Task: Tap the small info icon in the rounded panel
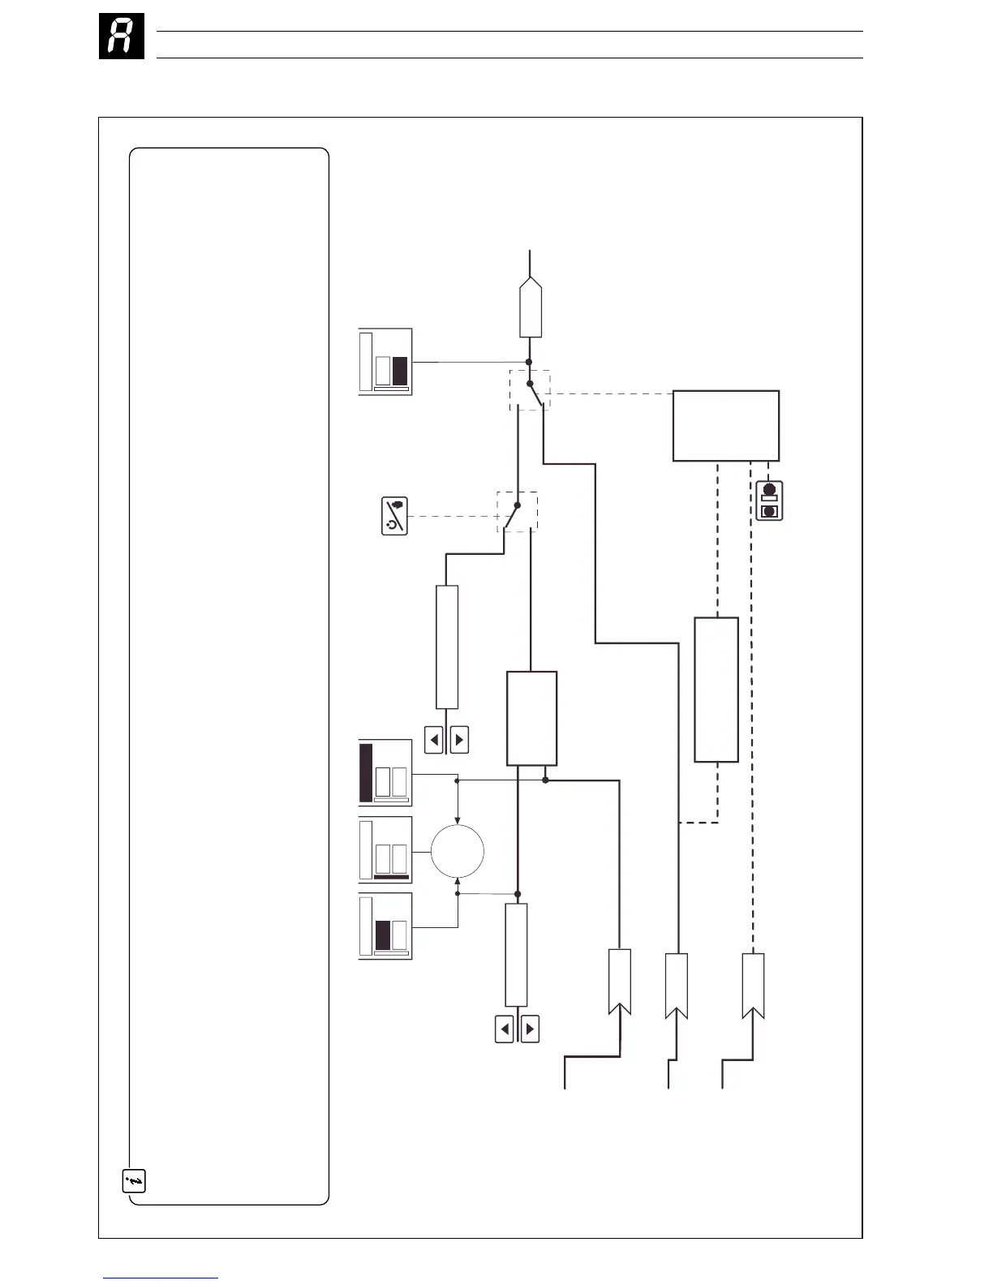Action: (x=134, y=1180)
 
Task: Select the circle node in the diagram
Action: (x=458, y=852)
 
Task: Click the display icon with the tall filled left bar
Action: (x=385, y=773)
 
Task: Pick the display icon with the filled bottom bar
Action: (x=385, y=850)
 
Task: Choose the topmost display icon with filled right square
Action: (x=385, y=362)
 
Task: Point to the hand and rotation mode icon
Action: (x=394, y=516)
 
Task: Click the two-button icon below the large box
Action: (x=769, y=501)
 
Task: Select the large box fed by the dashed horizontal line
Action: (x=726, y=426)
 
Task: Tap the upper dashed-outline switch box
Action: (x=530, y=389)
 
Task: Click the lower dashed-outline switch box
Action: (x=517, y=512)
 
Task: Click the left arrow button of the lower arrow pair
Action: (x=505, y=1029)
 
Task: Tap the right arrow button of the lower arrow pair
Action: (x=530, y=1029)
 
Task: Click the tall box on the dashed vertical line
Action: (x=716, y=690)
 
